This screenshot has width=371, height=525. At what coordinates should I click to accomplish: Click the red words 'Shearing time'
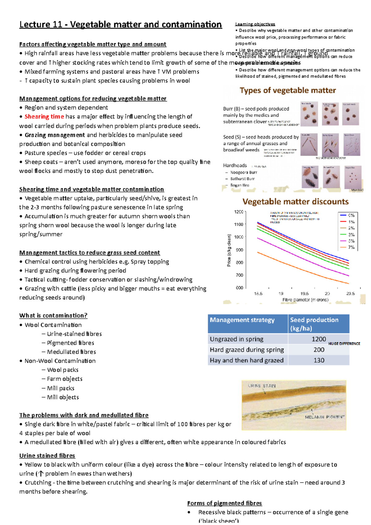(x=44, y=117)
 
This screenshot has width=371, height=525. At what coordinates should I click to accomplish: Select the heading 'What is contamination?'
(x=53, y=315)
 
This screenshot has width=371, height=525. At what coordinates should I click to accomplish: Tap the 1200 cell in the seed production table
(x=318, y=339)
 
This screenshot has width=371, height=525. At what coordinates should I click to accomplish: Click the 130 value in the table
(x=319, y=360)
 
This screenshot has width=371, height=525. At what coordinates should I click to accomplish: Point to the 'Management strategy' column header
(x=242, y=320)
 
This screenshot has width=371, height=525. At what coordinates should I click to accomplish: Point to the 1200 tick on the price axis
(x=239, y=212)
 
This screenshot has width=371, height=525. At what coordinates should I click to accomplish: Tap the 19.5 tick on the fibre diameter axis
(x=304, y=293)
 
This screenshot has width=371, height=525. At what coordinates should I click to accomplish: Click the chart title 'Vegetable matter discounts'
(x=295, y=202)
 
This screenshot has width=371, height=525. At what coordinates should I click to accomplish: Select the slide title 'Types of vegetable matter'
(x=288, y=90)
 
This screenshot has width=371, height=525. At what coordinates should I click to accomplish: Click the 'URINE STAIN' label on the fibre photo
(x=262, y=386)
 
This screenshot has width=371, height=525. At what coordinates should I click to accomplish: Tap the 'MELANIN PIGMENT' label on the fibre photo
(x=325, y=417)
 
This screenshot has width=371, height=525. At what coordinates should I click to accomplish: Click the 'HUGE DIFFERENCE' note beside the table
(x=344, y=344)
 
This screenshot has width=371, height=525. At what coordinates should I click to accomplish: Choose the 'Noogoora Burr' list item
(x=244, y=173)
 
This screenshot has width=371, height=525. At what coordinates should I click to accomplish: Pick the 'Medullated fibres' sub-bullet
(x=71, y=352)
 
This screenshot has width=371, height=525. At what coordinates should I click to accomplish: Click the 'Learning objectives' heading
(x=255, y=24)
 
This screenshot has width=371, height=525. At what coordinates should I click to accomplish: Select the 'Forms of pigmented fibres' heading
(x=224, y=503)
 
